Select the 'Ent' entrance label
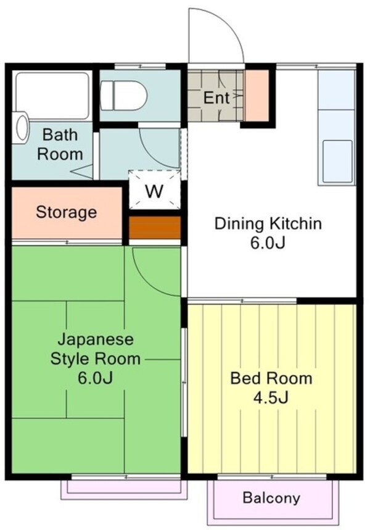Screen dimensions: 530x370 click(216, 97)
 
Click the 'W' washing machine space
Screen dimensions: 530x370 click(154, 191)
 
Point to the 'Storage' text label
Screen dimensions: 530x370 click(67, 213)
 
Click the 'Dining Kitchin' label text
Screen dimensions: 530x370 click(268, 223)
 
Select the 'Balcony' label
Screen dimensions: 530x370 click(271, 497)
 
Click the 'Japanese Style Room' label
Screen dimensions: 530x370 click(96, 349)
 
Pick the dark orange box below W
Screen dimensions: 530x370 click(154, 227)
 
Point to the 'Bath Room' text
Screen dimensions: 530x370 click(60, 144)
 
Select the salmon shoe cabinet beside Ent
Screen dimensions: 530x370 click(257, 96)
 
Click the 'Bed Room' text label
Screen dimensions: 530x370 click(271, 378)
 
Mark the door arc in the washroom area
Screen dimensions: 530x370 click(159, 148)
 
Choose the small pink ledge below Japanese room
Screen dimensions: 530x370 click(123, 487)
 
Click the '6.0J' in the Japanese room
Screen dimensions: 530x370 click(96, 378)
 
